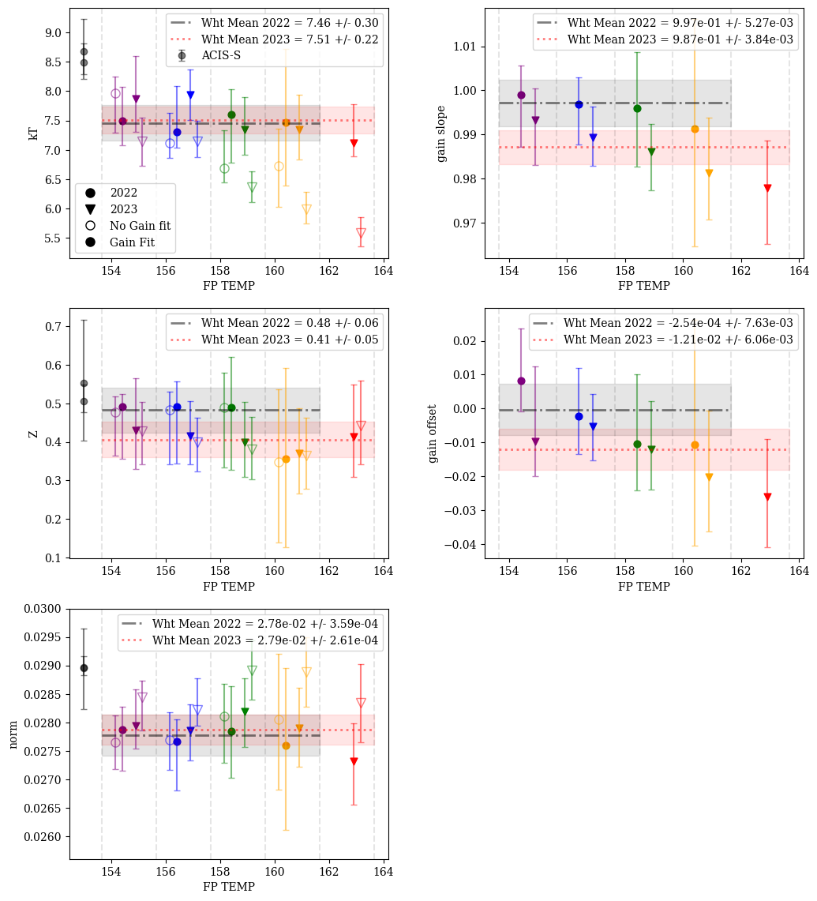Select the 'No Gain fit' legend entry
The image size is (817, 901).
point(140,226)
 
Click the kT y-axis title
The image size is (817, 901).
point(34,133)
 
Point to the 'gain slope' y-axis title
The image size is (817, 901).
point(441,133)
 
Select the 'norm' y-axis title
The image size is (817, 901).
point(13,734)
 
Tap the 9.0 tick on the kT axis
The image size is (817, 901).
point(53,32)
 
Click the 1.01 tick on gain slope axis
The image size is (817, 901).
point(462,47)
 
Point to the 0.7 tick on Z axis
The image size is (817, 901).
point(53,327)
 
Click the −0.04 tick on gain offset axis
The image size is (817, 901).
point(459,545)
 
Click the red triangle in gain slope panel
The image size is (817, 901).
point(767,189)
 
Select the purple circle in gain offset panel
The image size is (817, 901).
point(521,381)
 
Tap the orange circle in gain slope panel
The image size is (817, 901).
point(695,129)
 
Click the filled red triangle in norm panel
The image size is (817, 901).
point(354,761)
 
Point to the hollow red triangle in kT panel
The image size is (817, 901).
point(361,233)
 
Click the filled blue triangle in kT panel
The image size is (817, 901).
point(190,96)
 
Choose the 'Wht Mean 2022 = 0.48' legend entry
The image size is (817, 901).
point(290,323)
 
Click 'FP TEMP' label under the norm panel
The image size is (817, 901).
point(228,887)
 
